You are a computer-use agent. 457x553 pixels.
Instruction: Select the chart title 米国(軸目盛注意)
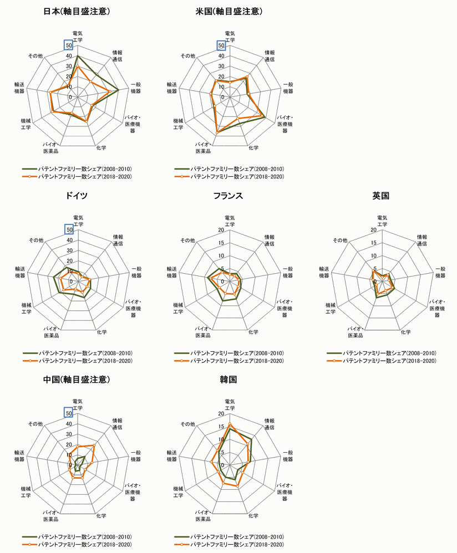[x=230, y=12]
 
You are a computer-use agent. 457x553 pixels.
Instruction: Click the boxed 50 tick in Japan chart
[x=68, y=45]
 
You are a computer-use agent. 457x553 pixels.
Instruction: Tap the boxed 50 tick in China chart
[x=68, y=413]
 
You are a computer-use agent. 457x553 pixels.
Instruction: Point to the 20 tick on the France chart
[x=221, y=230]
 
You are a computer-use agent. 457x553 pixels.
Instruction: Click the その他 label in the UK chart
[x=340, y=240]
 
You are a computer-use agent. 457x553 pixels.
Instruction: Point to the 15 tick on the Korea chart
[x=221, y=427]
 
